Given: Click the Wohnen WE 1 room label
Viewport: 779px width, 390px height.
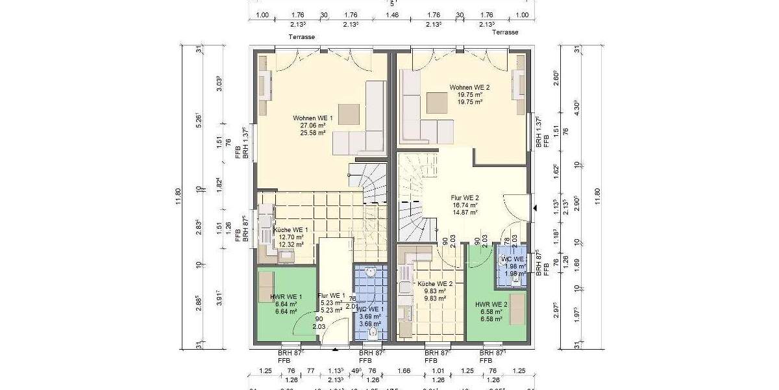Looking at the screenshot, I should click(312, 118).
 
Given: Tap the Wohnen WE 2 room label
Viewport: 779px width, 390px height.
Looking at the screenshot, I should click(469, 87).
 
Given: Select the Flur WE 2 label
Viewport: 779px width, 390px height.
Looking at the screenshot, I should click(465, 198).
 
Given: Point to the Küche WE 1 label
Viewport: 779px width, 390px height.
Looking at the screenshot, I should click(290, 230).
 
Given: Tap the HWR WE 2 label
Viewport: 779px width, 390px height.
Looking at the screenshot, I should click(491, 304).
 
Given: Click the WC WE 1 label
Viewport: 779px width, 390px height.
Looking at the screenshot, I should click(371, 309).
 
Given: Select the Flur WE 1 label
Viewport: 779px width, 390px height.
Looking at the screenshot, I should click(332, 296).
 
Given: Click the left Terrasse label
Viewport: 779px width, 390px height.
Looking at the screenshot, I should click(302, 37).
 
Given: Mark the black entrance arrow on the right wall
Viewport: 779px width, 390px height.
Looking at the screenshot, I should click(536, 208).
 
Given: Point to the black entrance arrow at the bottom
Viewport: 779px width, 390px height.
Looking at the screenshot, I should click(335, 350).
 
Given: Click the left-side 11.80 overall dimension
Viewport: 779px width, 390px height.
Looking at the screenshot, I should click(179, 194).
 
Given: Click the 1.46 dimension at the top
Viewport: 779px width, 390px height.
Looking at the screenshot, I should click(392, 14).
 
